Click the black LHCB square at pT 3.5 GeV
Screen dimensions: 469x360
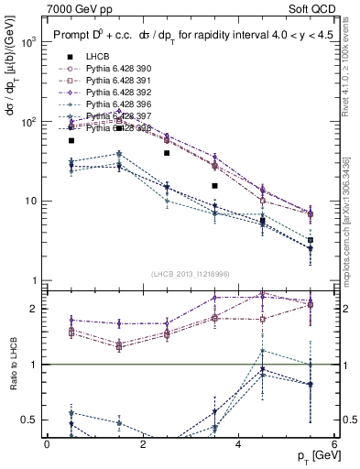tap(214, 186)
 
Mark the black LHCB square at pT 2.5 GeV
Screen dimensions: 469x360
tap(167, 153)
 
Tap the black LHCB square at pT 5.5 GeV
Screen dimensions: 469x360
tap(311, 240)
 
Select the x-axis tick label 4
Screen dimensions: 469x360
tap(238, 444)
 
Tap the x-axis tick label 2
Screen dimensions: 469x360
tap(142, 444)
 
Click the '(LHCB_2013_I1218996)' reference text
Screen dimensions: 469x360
tap(190, 275)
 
